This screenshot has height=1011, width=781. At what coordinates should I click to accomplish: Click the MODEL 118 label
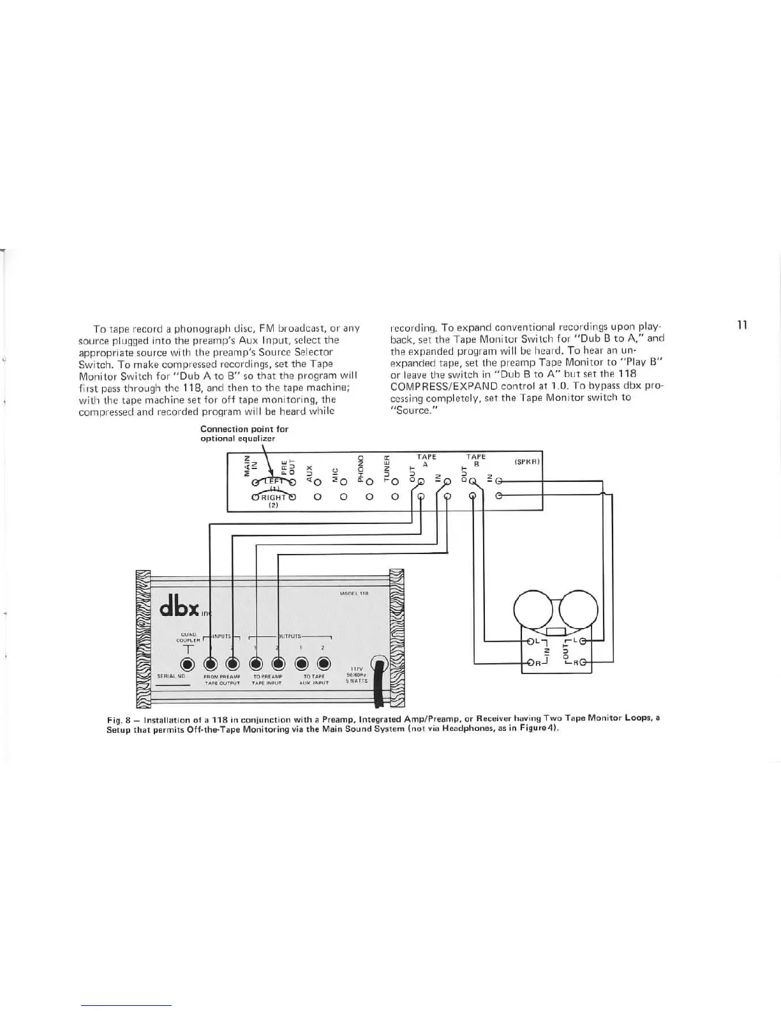(356, 593)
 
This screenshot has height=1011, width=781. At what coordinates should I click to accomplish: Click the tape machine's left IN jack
(528, 641)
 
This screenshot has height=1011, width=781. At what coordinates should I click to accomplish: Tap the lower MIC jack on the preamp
(343, 496)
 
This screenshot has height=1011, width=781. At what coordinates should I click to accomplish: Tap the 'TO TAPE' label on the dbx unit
(314, 676)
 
